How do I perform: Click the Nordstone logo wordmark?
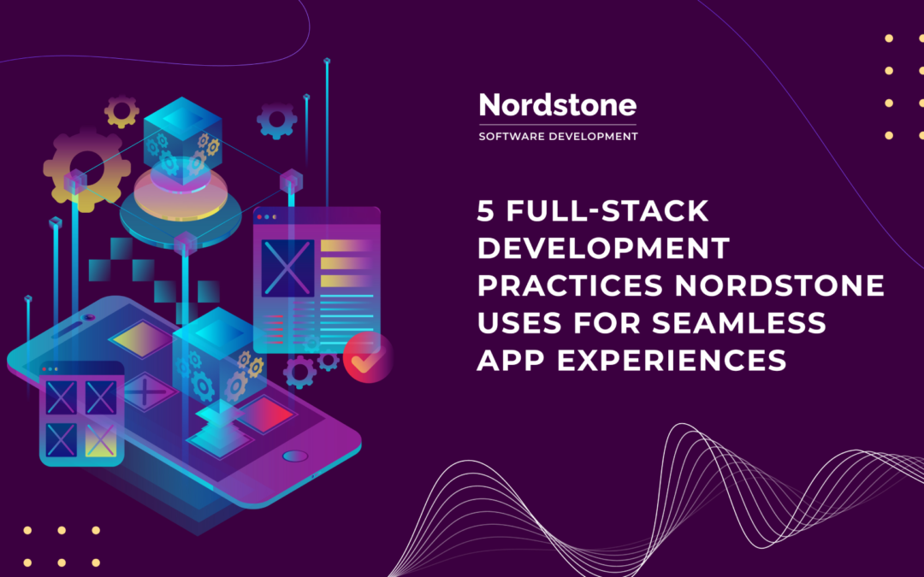pyautogui.click(x=558, y=105)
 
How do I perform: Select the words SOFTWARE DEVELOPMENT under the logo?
pyautogui.click(x=558, y=136)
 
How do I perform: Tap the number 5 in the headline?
pyautogui.click(x=485, y=209)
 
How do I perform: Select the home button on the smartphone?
pyautogui.click(x=294, y=456)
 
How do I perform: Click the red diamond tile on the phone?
pyautogui.click(x=265, y=415)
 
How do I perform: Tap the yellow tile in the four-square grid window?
pyautogui.click(x=101, y=438)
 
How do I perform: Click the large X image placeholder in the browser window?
pyautogui.click(x=287, y=268)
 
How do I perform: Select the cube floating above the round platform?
pyautogui.click(x=181, y=137)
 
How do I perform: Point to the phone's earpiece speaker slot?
pyautogui.click(x=89, y=317)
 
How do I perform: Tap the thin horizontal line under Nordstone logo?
pyautogui.click(x=558, y=125)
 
